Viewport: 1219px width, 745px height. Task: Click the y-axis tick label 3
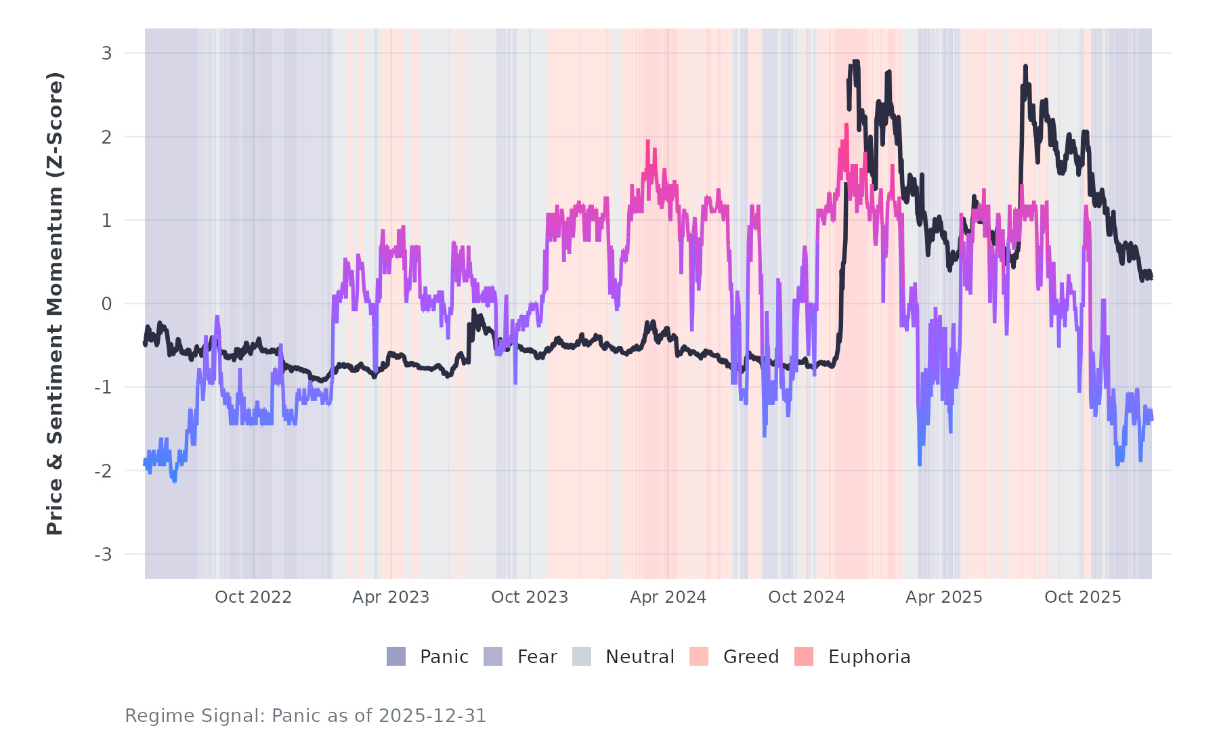[x=106, y=54]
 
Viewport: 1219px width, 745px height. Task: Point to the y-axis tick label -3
[x=103, y=555]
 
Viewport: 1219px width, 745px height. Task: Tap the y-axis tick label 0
[x=106, y=304]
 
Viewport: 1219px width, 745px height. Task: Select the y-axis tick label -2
[x=103, y=471]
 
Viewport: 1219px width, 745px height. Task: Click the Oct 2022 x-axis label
[x=253, y=597]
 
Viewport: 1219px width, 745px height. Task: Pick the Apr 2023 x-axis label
[x=391, y=597]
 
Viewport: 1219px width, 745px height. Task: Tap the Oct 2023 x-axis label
[x=530, y=597]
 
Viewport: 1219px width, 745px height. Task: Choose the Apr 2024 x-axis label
[x=668, y=597]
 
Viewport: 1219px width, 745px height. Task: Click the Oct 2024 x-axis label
[x=807, y=597]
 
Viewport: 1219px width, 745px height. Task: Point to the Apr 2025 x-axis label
[x=944, y=597]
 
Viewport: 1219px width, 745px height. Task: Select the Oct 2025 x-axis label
[x=1083, y=597]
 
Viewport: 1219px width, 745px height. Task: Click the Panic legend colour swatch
[x=396, y=656]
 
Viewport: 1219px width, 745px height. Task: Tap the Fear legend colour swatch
[x=493, y=656]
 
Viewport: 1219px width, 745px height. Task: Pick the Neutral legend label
[x=639, y=657]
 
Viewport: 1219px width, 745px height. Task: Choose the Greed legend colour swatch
[x=699, y=656]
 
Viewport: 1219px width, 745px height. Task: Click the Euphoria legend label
[x=869, y=657]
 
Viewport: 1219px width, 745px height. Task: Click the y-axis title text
[x=55, y=303]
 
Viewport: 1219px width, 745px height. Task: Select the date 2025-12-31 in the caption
[x=432, y=716]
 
